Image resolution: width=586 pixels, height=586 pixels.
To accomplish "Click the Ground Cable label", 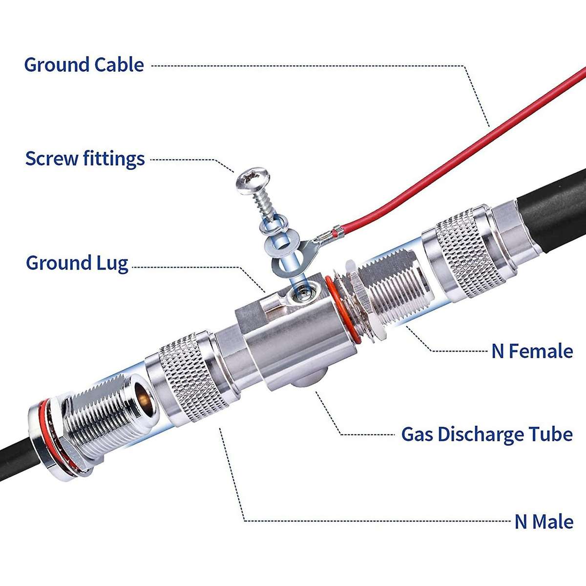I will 84,65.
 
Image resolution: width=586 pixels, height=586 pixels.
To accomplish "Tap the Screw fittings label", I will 85,159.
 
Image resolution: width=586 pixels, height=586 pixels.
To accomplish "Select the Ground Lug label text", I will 77,263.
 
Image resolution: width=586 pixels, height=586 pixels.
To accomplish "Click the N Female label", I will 532,351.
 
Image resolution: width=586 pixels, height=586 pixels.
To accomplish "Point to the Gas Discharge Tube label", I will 486,434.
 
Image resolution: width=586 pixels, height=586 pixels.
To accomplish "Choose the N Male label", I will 544,522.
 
